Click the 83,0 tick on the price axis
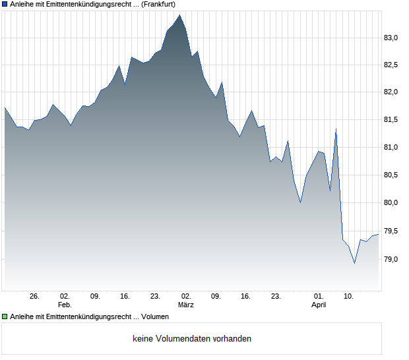click(392, 38)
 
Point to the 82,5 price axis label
click(392, 65)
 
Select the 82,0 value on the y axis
click(392, 92)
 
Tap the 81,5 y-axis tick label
click(392, 120)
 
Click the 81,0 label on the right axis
click(392, 148)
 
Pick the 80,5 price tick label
click(392, 175)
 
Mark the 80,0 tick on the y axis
click(392, 203)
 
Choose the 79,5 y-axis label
click(392, 231)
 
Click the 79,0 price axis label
click(392, 259)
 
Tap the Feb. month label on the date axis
click(64, 305)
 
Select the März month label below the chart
click(185, 305)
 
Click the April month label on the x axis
click(319, 305)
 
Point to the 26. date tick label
click(35, 296)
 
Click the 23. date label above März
click(156, 296)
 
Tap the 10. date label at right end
click(349, 296)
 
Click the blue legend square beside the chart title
click(5, 5)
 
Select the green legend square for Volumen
click(5, 317)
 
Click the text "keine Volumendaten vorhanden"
click(192, 339)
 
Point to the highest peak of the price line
click(179, 14)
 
